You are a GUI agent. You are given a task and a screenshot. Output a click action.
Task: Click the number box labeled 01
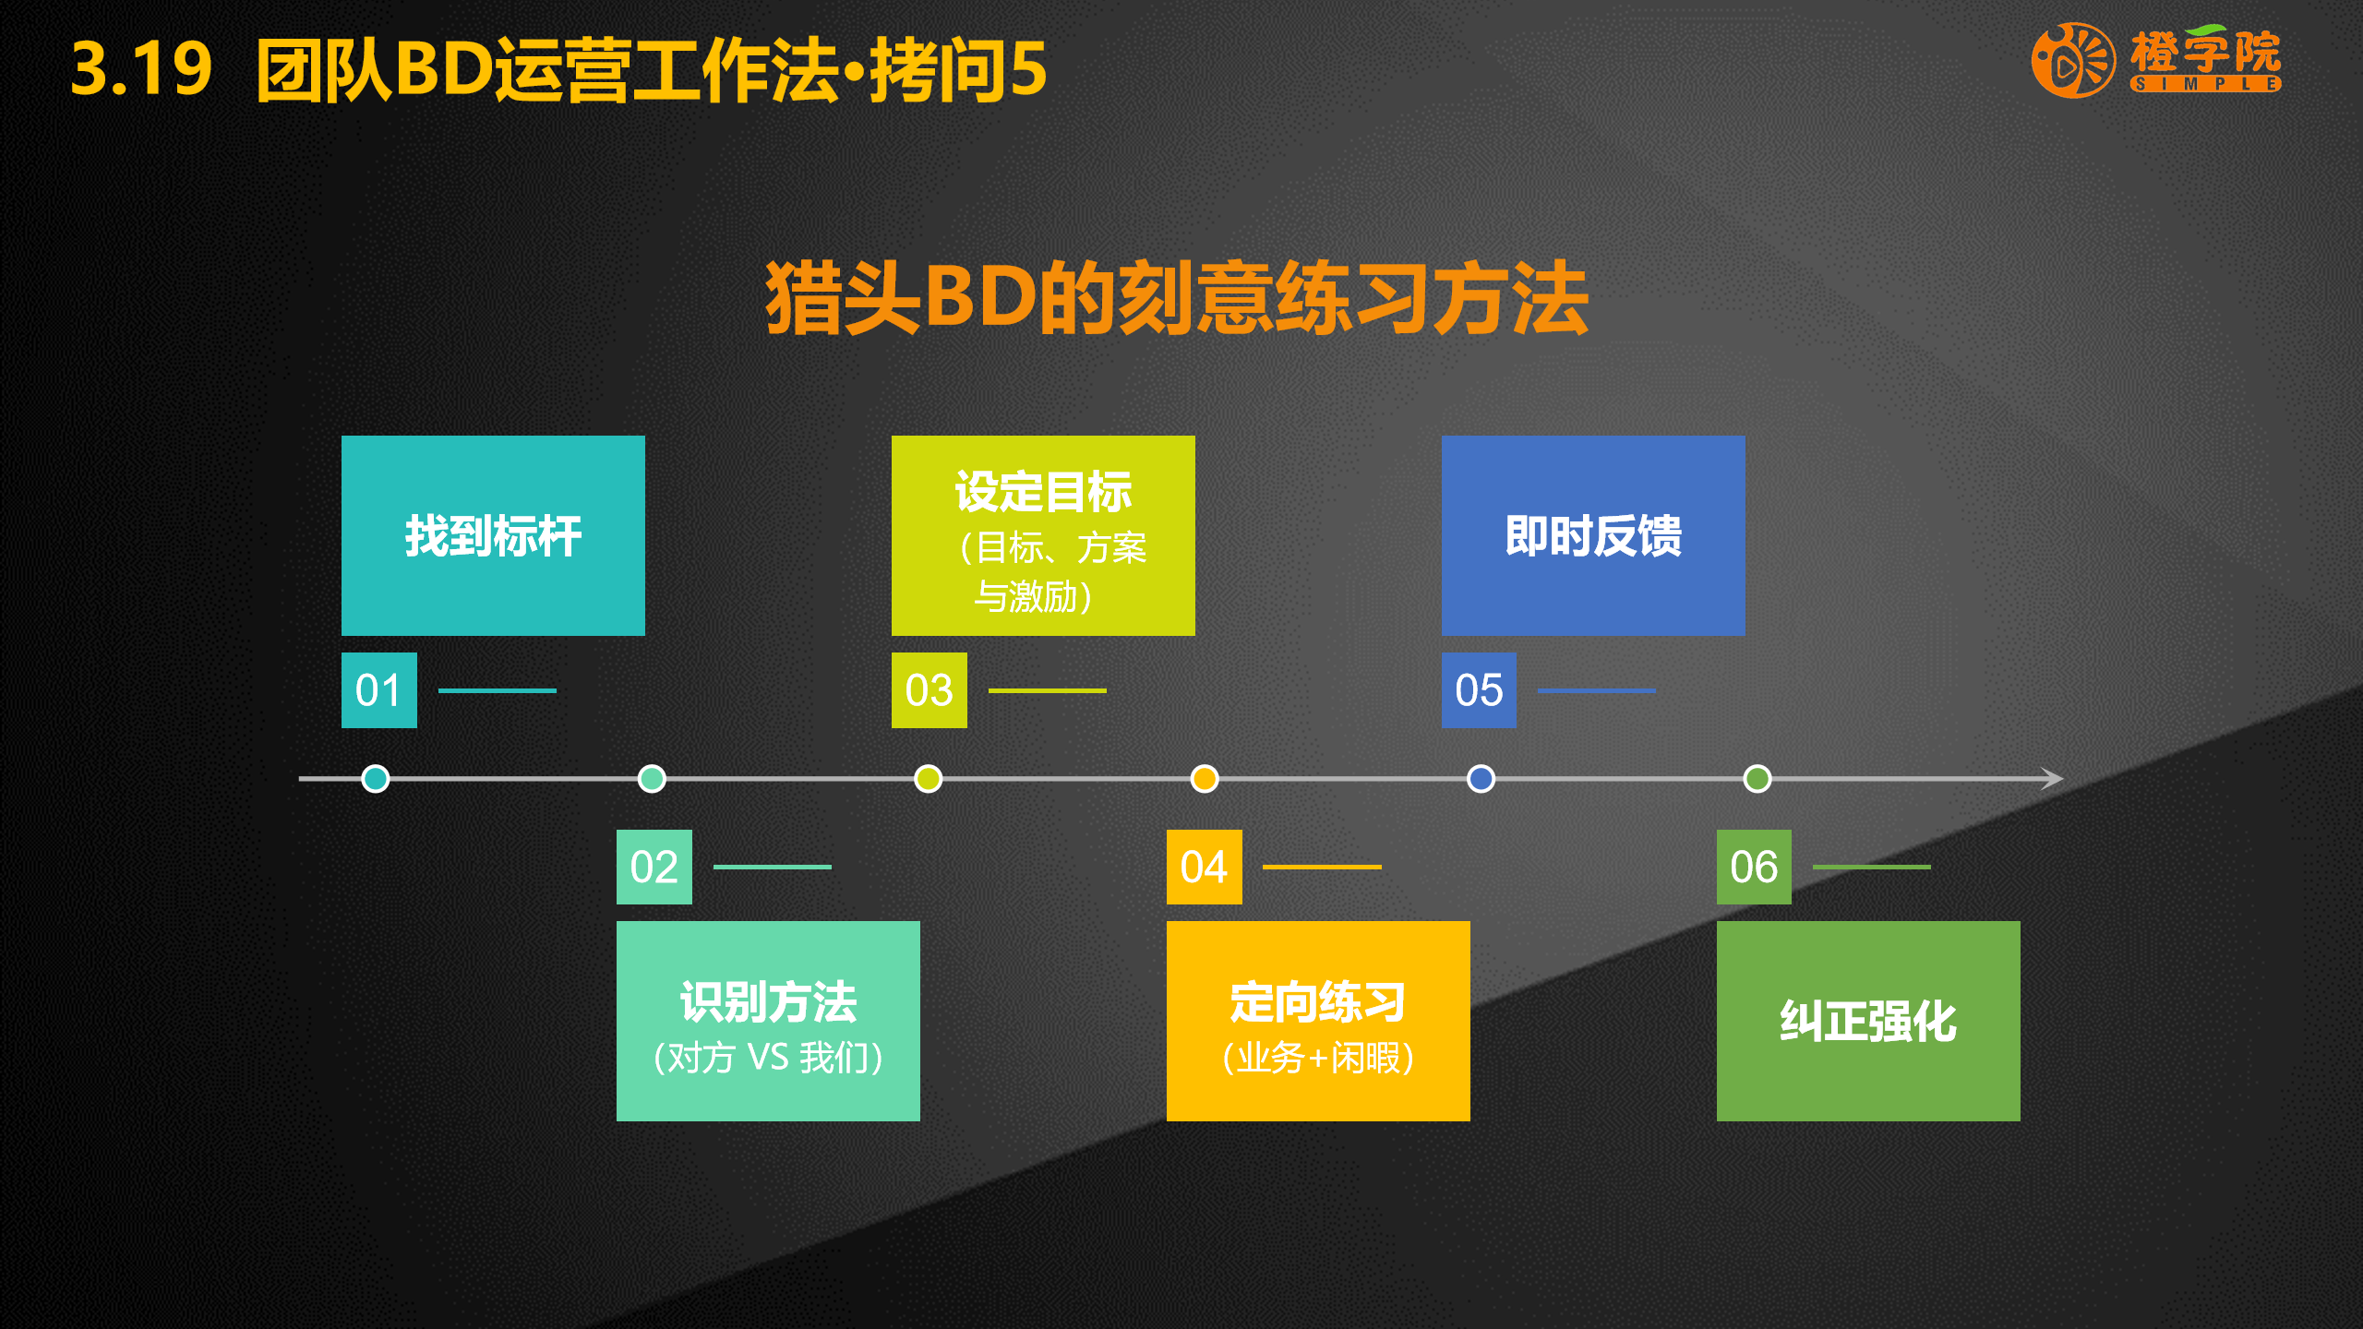coord(378,689)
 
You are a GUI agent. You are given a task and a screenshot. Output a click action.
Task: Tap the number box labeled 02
coord(654,867)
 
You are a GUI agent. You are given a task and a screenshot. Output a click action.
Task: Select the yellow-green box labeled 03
coord(929,689)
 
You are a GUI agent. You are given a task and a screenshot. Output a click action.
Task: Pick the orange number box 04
coord(1204,867)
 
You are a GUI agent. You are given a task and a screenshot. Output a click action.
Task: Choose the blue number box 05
coord(1479,689)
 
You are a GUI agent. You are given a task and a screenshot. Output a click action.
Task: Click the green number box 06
coord(1754,867)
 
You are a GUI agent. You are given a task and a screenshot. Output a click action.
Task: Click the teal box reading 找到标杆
coord(493,535)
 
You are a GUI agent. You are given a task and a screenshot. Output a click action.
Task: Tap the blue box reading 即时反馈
coord(1593,535)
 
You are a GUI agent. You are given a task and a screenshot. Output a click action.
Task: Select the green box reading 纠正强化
coord(1868,1021)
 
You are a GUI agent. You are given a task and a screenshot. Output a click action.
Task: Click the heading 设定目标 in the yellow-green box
coord(1043,491)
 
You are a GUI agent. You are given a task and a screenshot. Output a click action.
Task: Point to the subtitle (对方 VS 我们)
coord(768,1058)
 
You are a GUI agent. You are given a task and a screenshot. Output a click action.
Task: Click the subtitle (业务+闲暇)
coord(1318,1058)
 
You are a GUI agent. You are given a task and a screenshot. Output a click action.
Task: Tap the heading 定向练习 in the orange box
coord(1318,1001)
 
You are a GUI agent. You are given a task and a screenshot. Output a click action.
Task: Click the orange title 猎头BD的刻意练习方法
coord(1177,297)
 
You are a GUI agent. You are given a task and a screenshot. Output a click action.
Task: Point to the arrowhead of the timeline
coord(2053,778)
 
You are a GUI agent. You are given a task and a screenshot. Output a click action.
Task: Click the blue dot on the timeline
coord(1481,778)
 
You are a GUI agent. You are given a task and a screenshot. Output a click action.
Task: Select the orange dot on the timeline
coord(1204,778)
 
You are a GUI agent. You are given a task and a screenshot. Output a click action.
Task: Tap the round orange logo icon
coord(2073,61)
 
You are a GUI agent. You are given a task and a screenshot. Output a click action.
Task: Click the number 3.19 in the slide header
coord(141,68)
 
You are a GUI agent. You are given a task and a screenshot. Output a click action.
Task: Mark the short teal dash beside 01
coord(497,690)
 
